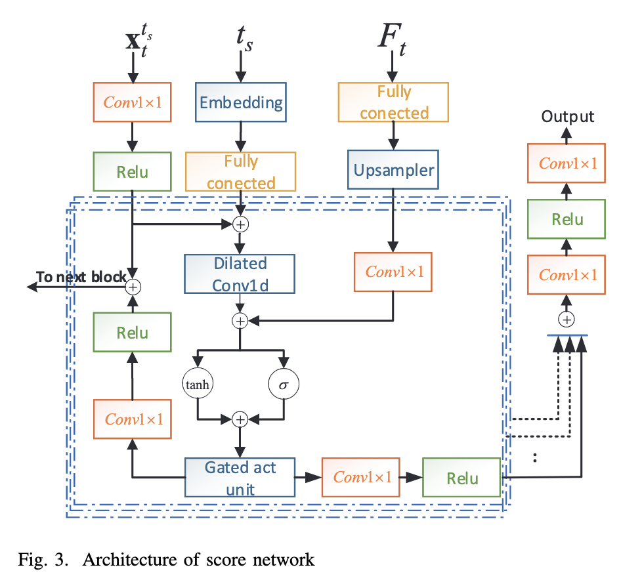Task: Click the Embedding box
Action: [x=241, y=102]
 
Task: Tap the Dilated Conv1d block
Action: [x=240, y=273]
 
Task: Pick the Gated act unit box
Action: [x=240, y=477]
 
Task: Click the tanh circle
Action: [x=198, y=384]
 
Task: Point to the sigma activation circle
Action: [x=284, y=384]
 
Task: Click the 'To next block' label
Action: [x=80, y=277]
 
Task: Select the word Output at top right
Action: [x=568, y=117]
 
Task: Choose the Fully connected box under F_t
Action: [x=393, y=102]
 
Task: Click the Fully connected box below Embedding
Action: [x=241, y=172]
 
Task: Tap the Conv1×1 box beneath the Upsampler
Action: [x=393, y=272]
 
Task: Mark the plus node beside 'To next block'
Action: [x=134, y=287]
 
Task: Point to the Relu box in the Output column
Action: [x=568, y=219]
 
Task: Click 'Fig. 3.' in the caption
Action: [x=40, y=560]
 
